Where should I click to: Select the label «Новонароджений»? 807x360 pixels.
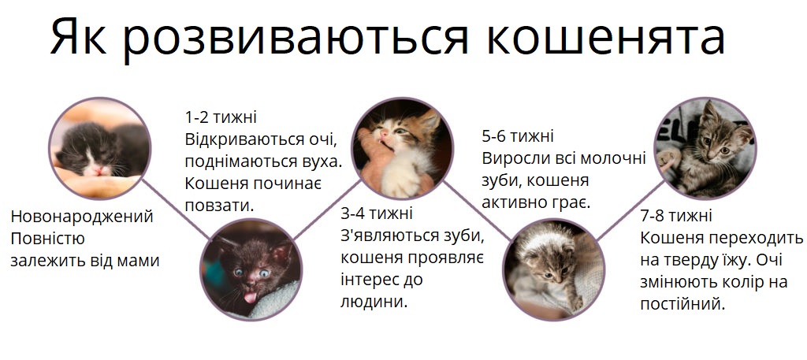pos(82,217)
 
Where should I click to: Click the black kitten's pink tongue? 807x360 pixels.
pos(250,296)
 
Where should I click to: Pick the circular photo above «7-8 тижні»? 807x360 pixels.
pos(704,147)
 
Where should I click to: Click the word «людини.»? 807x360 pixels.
pos(374,301)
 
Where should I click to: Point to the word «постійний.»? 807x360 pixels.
pos(682,303)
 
